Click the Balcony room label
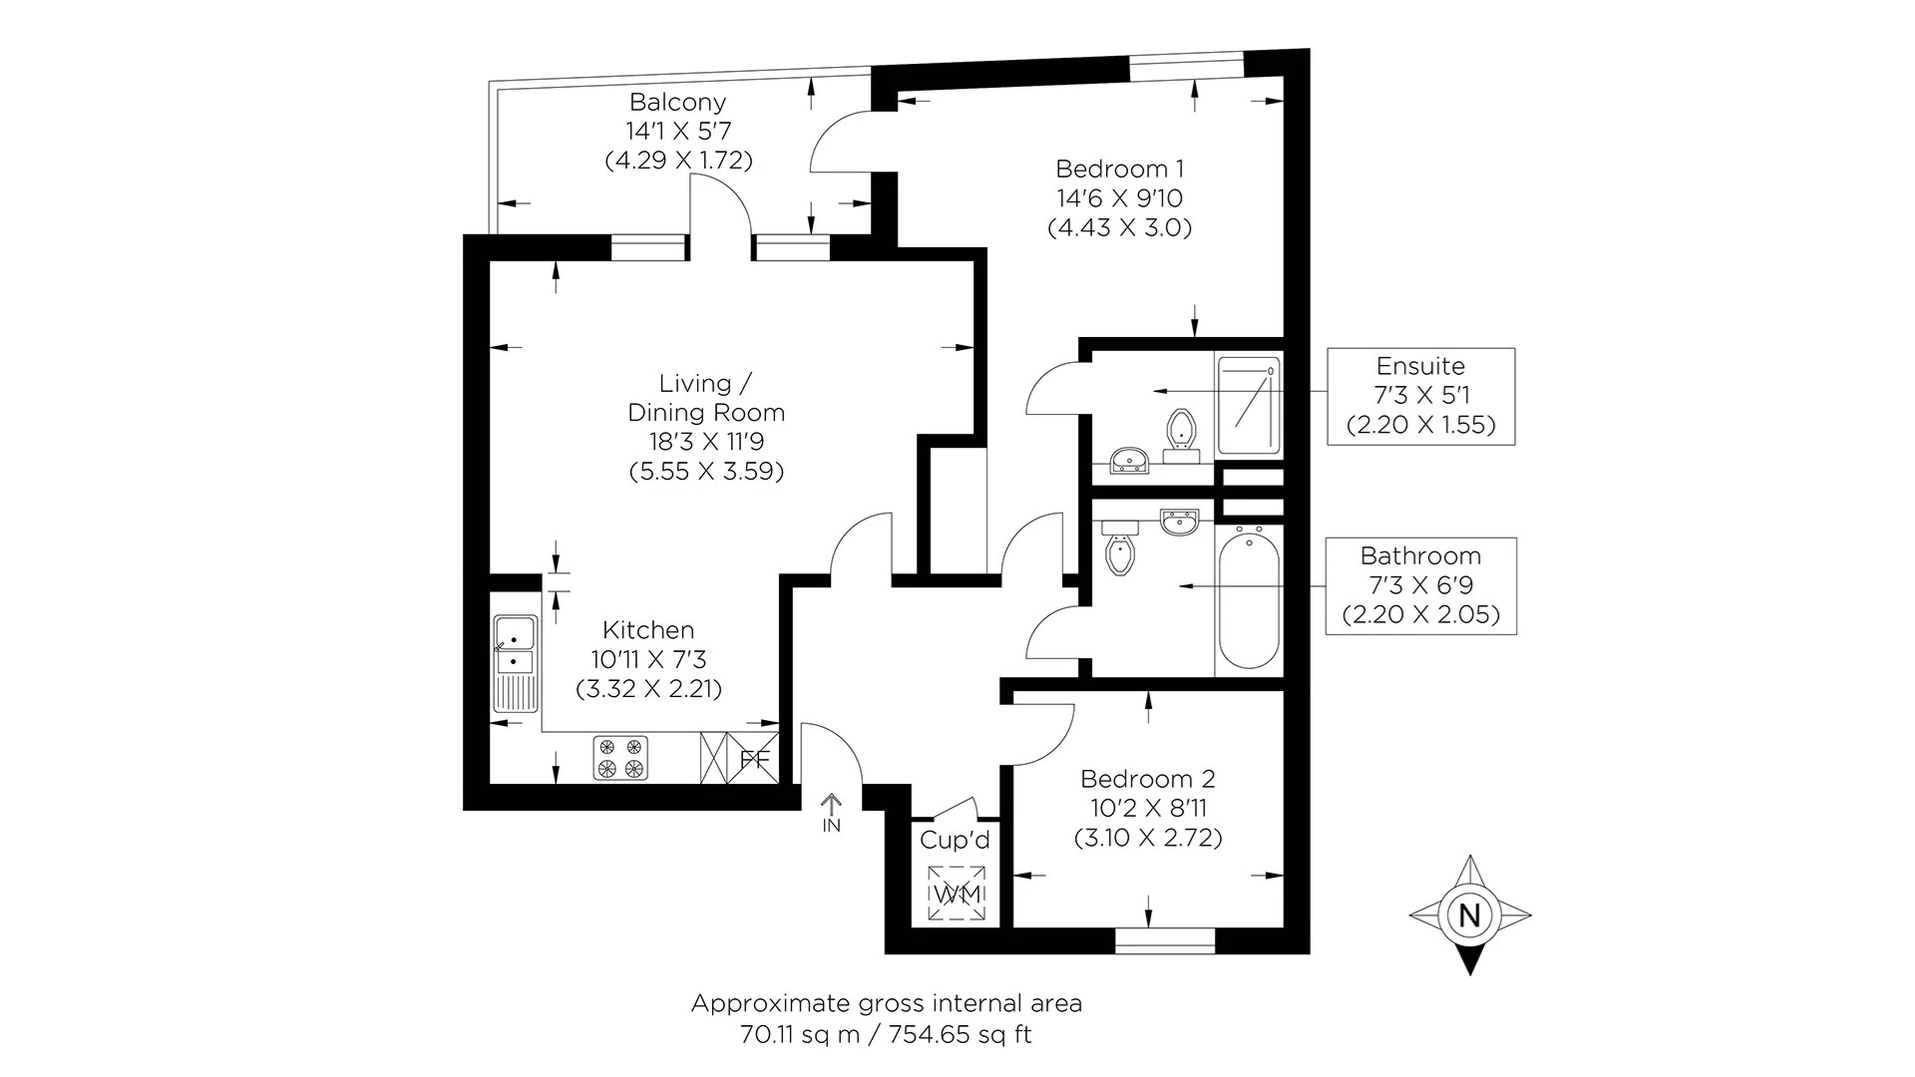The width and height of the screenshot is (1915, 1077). [677, 102]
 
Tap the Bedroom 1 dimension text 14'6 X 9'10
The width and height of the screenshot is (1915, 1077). [1119, 198]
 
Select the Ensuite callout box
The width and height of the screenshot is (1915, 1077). [1420, 396]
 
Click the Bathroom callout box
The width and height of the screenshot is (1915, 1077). [1420, 585]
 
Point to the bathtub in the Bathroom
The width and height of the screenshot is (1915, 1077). [1249, 601]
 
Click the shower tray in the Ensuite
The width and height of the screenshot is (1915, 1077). [1248, 405]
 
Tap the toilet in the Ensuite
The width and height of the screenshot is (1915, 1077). [1181, 432]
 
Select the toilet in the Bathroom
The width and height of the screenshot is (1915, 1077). [1120, 553]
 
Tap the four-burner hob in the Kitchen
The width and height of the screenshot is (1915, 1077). [620, 757]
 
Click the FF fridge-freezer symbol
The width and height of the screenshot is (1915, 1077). [755, 759]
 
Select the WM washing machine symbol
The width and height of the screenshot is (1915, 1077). [957, 894]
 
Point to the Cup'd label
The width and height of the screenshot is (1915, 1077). [955, 841]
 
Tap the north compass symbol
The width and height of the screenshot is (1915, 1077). [1469, 914]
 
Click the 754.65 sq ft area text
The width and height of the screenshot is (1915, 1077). [955, 1035]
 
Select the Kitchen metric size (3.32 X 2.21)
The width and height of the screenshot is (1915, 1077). [648, 688]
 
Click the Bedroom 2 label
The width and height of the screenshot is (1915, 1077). [1147, 779]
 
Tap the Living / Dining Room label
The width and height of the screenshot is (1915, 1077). [706, 398]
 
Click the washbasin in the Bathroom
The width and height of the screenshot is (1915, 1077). [1180, 522]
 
